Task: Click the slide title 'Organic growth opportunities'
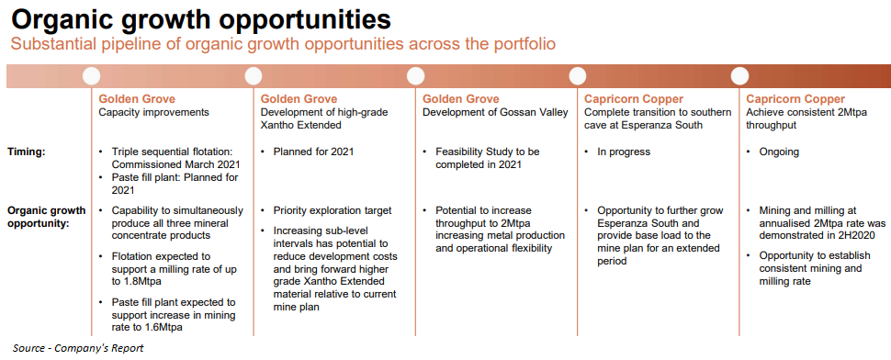201,19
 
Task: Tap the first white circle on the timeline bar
91,76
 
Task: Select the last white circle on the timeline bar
739,76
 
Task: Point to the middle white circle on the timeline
415,76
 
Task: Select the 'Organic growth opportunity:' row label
47,217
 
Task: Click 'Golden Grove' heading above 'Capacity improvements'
137,99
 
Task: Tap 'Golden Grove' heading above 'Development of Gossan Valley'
461,99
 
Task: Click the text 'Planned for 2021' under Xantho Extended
313,152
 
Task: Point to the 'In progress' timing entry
624,152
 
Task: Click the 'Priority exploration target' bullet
333,210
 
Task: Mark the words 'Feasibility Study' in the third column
476,152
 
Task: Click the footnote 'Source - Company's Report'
78,348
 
